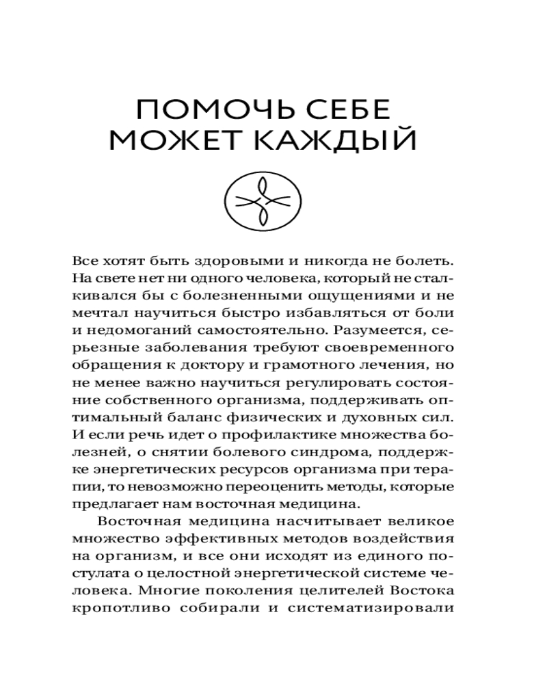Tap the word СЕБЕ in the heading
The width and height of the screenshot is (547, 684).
[x=339, y=111]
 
